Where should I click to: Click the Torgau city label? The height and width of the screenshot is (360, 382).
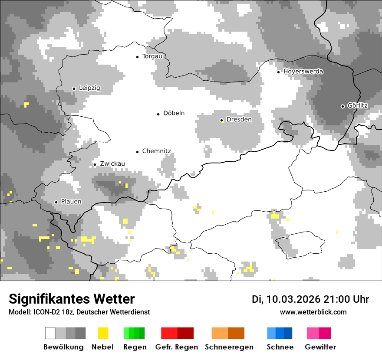[x=152, y=56]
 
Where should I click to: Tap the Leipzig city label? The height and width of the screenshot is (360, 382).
[x=89, y=88]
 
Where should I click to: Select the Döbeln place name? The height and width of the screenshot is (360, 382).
[x=174, y=113]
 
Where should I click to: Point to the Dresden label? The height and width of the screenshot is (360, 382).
[x=239, y=120]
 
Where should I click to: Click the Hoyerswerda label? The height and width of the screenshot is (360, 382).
[x=303, y=72]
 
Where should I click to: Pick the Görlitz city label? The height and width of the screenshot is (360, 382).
[x=358, y=106]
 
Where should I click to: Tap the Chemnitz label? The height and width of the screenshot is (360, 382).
[x=156, y=151]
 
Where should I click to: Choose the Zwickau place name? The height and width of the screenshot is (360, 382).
[x=112, y=164]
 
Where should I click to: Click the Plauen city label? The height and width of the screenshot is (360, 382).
[x=71, y=202]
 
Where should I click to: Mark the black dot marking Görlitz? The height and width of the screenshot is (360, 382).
[x=342, y=106]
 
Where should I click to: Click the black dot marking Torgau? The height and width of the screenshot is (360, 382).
[x=137, y=57]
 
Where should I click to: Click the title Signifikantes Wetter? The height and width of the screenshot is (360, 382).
[x=72, y=299]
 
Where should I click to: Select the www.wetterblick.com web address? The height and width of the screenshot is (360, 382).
[x=313, y=312]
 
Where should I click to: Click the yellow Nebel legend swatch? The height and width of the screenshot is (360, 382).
[x=103, y=333]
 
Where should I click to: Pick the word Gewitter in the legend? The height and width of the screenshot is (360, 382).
[x=320, y=347]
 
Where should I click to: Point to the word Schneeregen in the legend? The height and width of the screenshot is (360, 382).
[x=229, y=347]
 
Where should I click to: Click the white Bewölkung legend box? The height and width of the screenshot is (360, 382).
[x=50, y=333]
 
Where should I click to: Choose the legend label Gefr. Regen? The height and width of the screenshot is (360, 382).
[x=177, y=347]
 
